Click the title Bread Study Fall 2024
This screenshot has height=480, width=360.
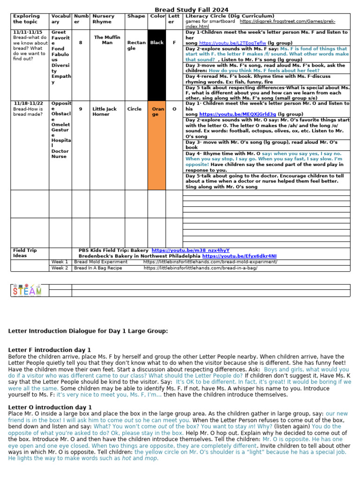coord(192,10)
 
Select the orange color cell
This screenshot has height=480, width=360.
coord(157,145)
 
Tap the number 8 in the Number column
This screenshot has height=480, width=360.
coord(81,43)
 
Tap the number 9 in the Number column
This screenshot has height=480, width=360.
coord(81,109)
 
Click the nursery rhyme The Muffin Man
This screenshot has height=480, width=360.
coord(107,40)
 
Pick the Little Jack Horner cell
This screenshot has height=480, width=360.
coord(105,112)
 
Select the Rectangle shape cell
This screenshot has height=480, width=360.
coord(136,45)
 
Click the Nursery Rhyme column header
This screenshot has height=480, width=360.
coord(103,19)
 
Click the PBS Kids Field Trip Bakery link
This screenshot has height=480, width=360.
coord(190,251)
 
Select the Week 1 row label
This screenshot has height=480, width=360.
coord(60,262)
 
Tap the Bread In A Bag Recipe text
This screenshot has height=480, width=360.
coord(98,268)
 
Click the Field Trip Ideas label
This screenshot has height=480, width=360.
coord(24,253)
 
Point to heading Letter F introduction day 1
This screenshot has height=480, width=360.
coord(50,350)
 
